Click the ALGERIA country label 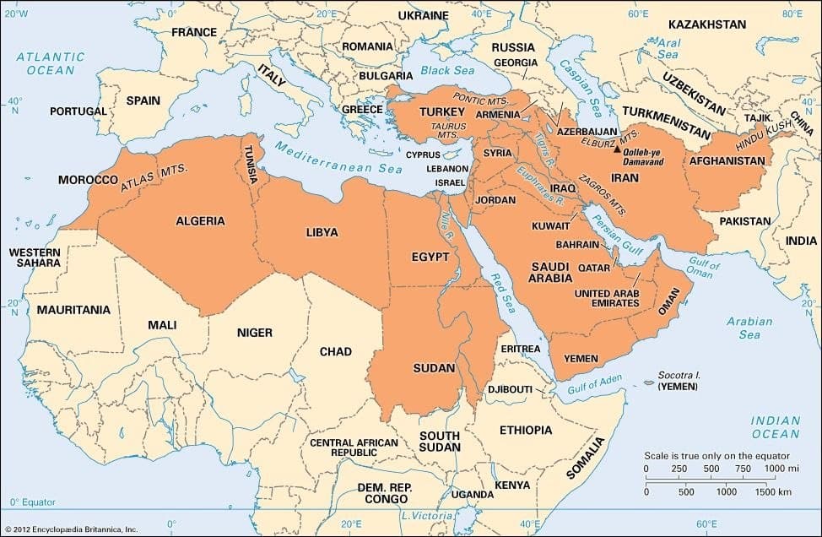pos(200,221)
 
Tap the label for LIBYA pos(322,232)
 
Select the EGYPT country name pos(430,257)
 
